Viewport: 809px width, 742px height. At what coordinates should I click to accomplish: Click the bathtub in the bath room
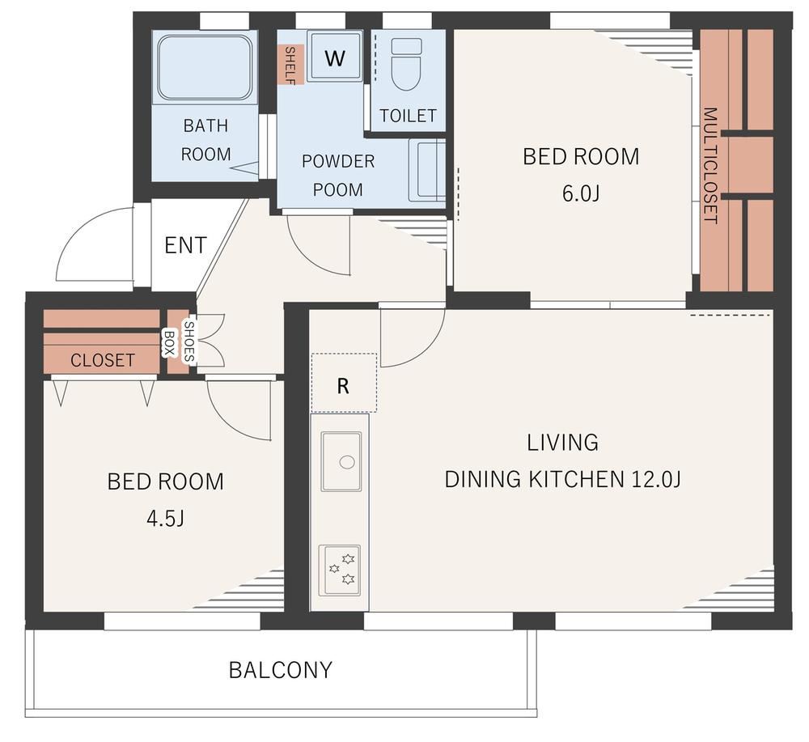tap(205, 67)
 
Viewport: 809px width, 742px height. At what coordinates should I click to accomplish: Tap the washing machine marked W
tap(334, 56)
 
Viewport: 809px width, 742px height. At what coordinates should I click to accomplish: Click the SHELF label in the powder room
tap(290, 65)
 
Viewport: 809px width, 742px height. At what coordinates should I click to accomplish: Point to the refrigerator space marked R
tap(344, 383)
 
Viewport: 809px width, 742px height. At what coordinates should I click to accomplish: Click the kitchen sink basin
tap(341, 461)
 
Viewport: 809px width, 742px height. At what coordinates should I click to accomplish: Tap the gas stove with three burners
tap(340, 570)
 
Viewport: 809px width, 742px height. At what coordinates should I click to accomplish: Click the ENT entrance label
tap(185, 245)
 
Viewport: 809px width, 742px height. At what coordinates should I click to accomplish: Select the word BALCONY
tap(280, 670)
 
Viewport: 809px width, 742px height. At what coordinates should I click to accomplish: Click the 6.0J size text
tap(581, 193)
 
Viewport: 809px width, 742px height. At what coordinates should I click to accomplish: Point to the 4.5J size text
tap(165, 518)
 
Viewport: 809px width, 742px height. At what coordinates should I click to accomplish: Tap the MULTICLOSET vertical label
tap(710, 166)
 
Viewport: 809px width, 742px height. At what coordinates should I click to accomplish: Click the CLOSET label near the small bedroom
tap(103, 360)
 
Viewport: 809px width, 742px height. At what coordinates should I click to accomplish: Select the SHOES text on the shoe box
tap(189, 341)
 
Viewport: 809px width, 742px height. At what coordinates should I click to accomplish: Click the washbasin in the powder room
tap(427, 170)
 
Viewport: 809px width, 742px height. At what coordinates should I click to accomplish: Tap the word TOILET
tap(408, 116)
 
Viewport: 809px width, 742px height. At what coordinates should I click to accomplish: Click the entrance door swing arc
tap(78, 227)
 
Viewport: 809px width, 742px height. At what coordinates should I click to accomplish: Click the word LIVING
tap(562, 443)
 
